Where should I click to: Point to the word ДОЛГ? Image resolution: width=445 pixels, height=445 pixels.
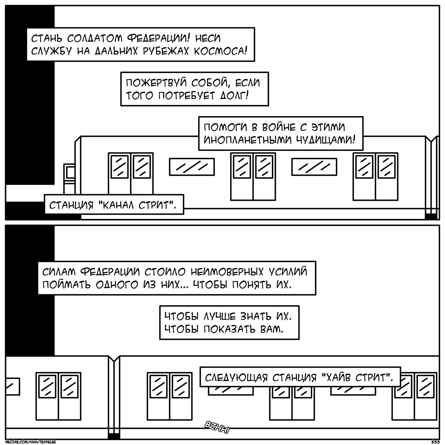[x=234, y=96]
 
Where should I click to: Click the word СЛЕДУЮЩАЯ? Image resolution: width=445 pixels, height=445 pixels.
[x=236, y=378]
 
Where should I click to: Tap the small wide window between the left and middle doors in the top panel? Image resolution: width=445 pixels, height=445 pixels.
[x=192, y=167]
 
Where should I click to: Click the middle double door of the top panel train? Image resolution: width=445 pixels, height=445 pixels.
[x=253, y=176]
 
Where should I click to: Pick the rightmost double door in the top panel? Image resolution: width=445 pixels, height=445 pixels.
[x=375, y=176]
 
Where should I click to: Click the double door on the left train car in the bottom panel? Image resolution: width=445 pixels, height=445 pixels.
[x=58, y=396]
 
